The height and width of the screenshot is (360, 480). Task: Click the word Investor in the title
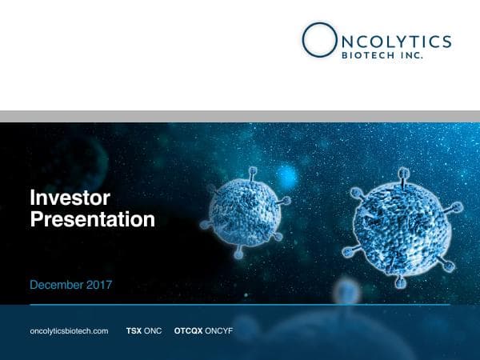pyautogui.click(x=70, y=197)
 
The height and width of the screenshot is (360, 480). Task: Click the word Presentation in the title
pyautogui.click(x=92, y=218)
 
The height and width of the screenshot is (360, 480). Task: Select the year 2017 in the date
pyautogui.click(x=101, y=285)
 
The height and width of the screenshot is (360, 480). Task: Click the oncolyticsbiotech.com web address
pyautogui.click(x=68, y=330)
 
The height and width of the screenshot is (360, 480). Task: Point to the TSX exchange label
pyautogui.click(x=134, y=330)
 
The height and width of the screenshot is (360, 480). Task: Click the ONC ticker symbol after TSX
pyautogui.click(x=153, y=330)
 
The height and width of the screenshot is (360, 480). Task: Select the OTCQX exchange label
pyautogui.click(x=188, y=330)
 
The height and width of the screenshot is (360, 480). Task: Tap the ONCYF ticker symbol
pyautogui.click(x=218, y=330)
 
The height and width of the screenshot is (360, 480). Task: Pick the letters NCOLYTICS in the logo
pyautogui.click(x=393, y=41)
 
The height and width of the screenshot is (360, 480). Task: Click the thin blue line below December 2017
pyautogui.click(x=240, y=304)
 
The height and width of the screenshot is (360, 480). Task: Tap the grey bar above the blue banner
pyautogui.click(x=240, y=116)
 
